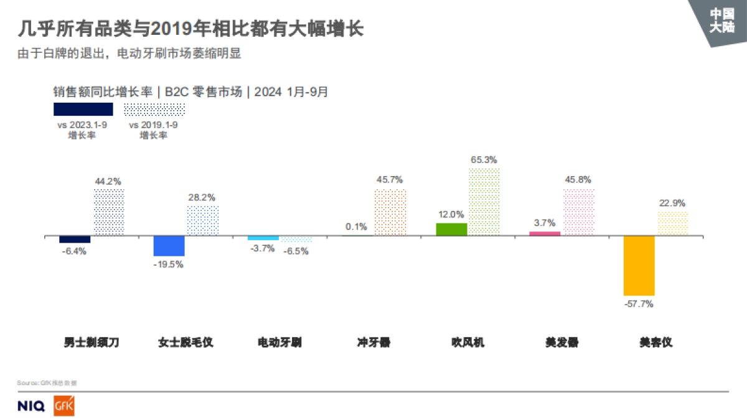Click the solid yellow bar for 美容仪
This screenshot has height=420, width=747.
[x=639, y=266]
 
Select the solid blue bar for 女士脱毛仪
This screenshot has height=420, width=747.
[x=169, y=246]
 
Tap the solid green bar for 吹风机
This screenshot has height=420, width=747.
[x=451, y=229]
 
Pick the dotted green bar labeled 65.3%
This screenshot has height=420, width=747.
[x=484, y=202]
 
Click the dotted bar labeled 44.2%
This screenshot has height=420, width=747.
[x=109, y=212]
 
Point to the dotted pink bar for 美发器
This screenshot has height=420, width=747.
[x=579, y=212]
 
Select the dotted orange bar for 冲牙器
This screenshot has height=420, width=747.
[x=390, y=212]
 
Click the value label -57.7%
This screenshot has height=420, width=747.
[x=639, y=304]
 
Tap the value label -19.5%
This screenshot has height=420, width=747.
[x=169, y=264]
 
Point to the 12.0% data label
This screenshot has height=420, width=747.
[x=451, y=215]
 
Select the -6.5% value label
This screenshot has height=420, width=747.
[x=296, y=251]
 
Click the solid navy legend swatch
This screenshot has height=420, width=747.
[x=83, y=110]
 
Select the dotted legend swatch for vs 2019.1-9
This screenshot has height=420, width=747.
[x=154, y=110]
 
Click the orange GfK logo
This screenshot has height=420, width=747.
[x=64, y=406]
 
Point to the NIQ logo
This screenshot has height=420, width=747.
[x=31, y=406]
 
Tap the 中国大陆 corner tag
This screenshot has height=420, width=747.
[x=722, y=20]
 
